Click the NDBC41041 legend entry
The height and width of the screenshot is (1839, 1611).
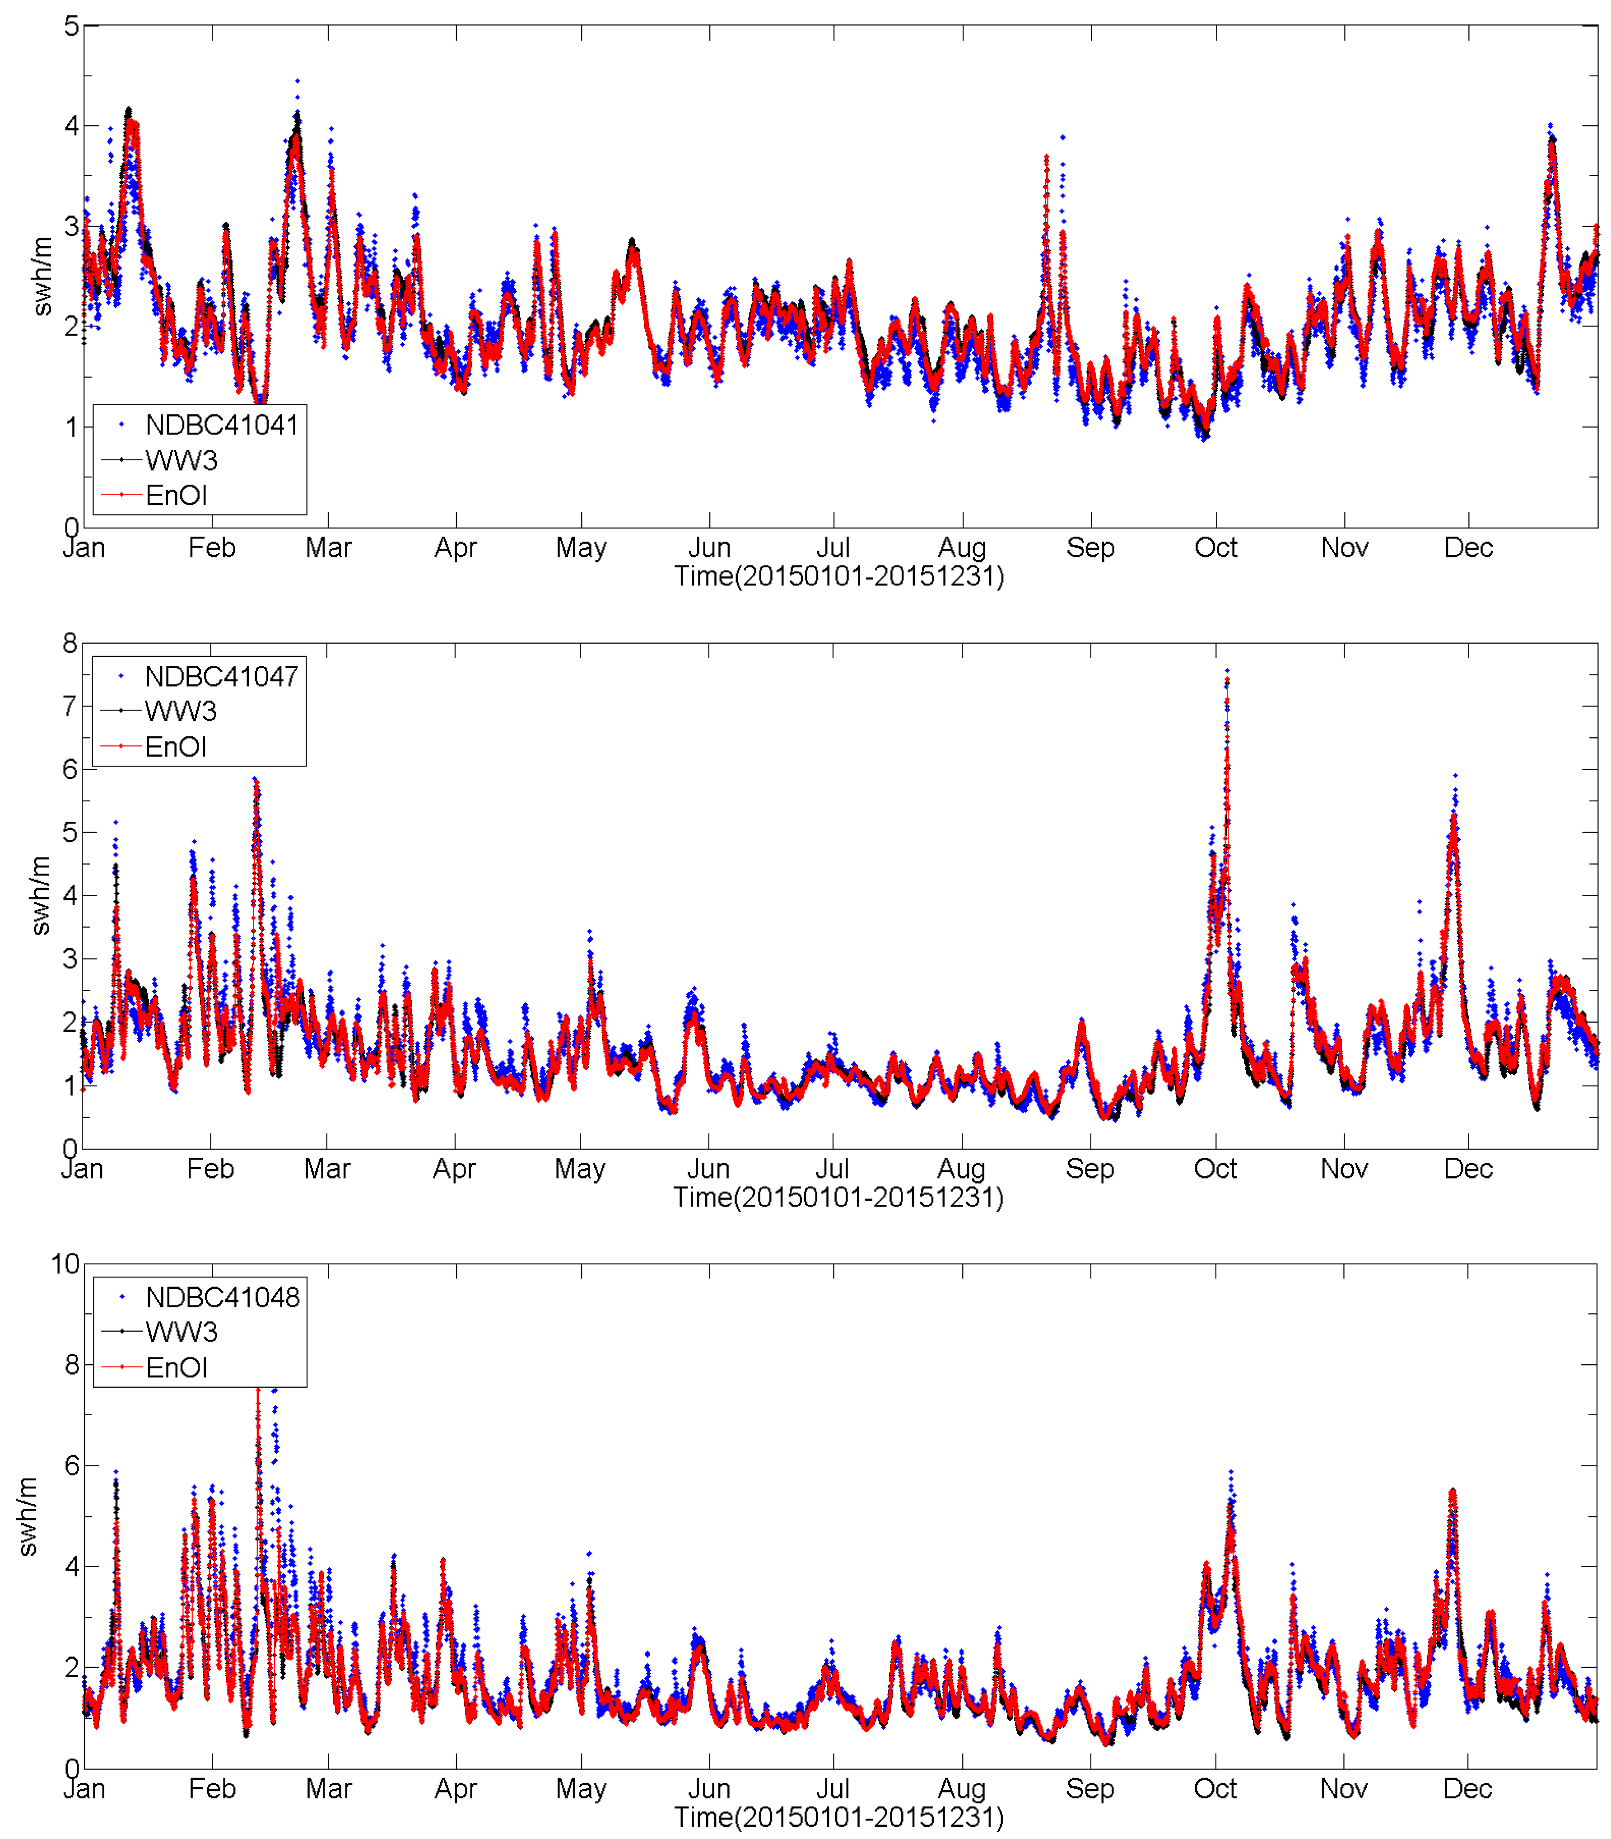(221, 425)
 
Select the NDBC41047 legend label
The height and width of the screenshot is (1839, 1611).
(221, 676)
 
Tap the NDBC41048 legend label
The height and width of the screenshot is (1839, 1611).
(222, 1297)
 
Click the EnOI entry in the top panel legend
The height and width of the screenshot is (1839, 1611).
(176, 496)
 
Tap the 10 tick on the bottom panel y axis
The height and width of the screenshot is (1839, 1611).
(65, 1264)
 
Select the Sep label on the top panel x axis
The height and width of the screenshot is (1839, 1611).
(1090, 547)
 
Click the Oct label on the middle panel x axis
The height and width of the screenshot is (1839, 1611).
(1215, 1169)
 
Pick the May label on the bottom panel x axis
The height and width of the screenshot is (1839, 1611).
(581, 1789)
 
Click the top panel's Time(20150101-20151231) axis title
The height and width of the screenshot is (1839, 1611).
(839, 576)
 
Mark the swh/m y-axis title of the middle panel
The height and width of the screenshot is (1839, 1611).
(41, 896)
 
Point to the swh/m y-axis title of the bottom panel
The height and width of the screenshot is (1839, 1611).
(28, 1516)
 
